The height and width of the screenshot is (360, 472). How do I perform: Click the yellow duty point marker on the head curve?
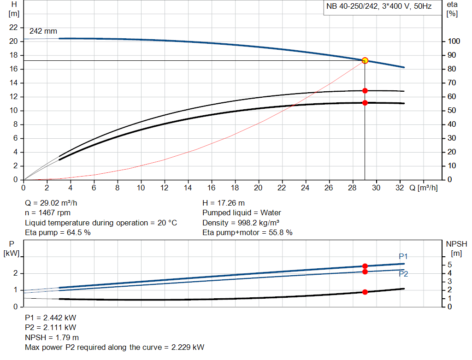pos(365,60)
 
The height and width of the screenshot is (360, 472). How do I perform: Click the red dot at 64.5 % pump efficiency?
pos(365,91)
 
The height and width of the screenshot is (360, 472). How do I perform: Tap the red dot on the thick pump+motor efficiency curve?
pos(365,103)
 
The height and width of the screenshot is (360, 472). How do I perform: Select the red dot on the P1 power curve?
pos(365,266)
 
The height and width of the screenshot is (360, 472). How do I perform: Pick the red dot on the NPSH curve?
pos(365,292)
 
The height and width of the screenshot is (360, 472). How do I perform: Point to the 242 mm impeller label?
pos(43,31)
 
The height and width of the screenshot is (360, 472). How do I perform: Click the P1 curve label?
pos(403,256)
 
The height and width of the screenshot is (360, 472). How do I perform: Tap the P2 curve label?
pos(403,274)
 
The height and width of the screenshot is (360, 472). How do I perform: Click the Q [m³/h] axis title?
pos(423,188)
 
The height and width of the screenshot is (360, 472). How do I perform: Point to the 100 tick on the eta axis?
pos(454,41)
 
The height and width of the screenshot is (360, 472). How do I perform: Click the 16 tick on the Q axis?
pos(212,188)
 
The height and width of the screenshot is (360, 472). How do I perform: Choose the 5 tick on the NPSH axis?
pos(449,265)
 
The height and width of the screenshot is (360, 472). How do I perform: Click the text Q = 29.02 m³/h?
pos(54,203)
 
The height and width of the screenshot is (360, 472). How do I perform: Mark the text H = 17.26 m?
pos(224,203)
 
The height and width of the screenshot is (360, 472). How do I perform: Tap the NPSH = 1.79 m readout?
pos(52,337)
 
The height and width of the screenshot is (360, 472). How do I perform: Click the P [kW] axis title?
pos(12,248)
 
